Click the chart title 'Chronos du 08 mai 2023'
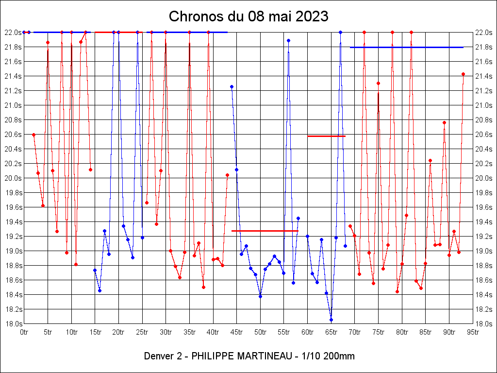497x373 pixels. (x=248, y=17)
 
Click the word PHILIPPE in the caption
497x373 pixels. (x=212, y=356)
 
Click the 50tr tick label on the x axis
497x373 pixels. (x=260, y=332)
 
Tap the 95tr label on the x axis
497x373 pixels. (x=473, y=332)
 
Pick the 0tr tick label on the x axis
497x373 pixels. (x=24, y=332)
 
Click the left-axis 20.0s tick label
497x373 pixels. (x=12, y=178)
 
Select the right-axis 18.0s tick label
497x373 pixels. (x=484, y=324)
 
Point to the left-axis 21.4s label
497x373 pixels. (x=12, y=76)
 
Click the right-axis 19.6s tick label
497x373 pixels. (x=484, y=207)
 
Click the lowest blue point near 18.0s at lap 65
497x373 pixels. (x=331, y=320)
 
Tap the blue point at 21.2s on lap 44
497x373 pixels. (x=232, y=86)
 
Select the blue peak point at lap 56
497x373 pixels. (x=288, y=40)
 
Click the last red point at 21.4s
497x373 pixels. (x=463, y=74)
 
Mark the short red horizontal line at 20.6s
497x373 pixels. (x=326, y=136)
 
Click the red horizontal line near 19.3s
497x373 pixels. (x=265, y=231)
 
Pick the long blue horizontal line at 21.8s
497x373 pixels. (x=406, y=47)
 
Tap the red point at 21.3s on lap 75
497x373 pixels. (x=378, y=83)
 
